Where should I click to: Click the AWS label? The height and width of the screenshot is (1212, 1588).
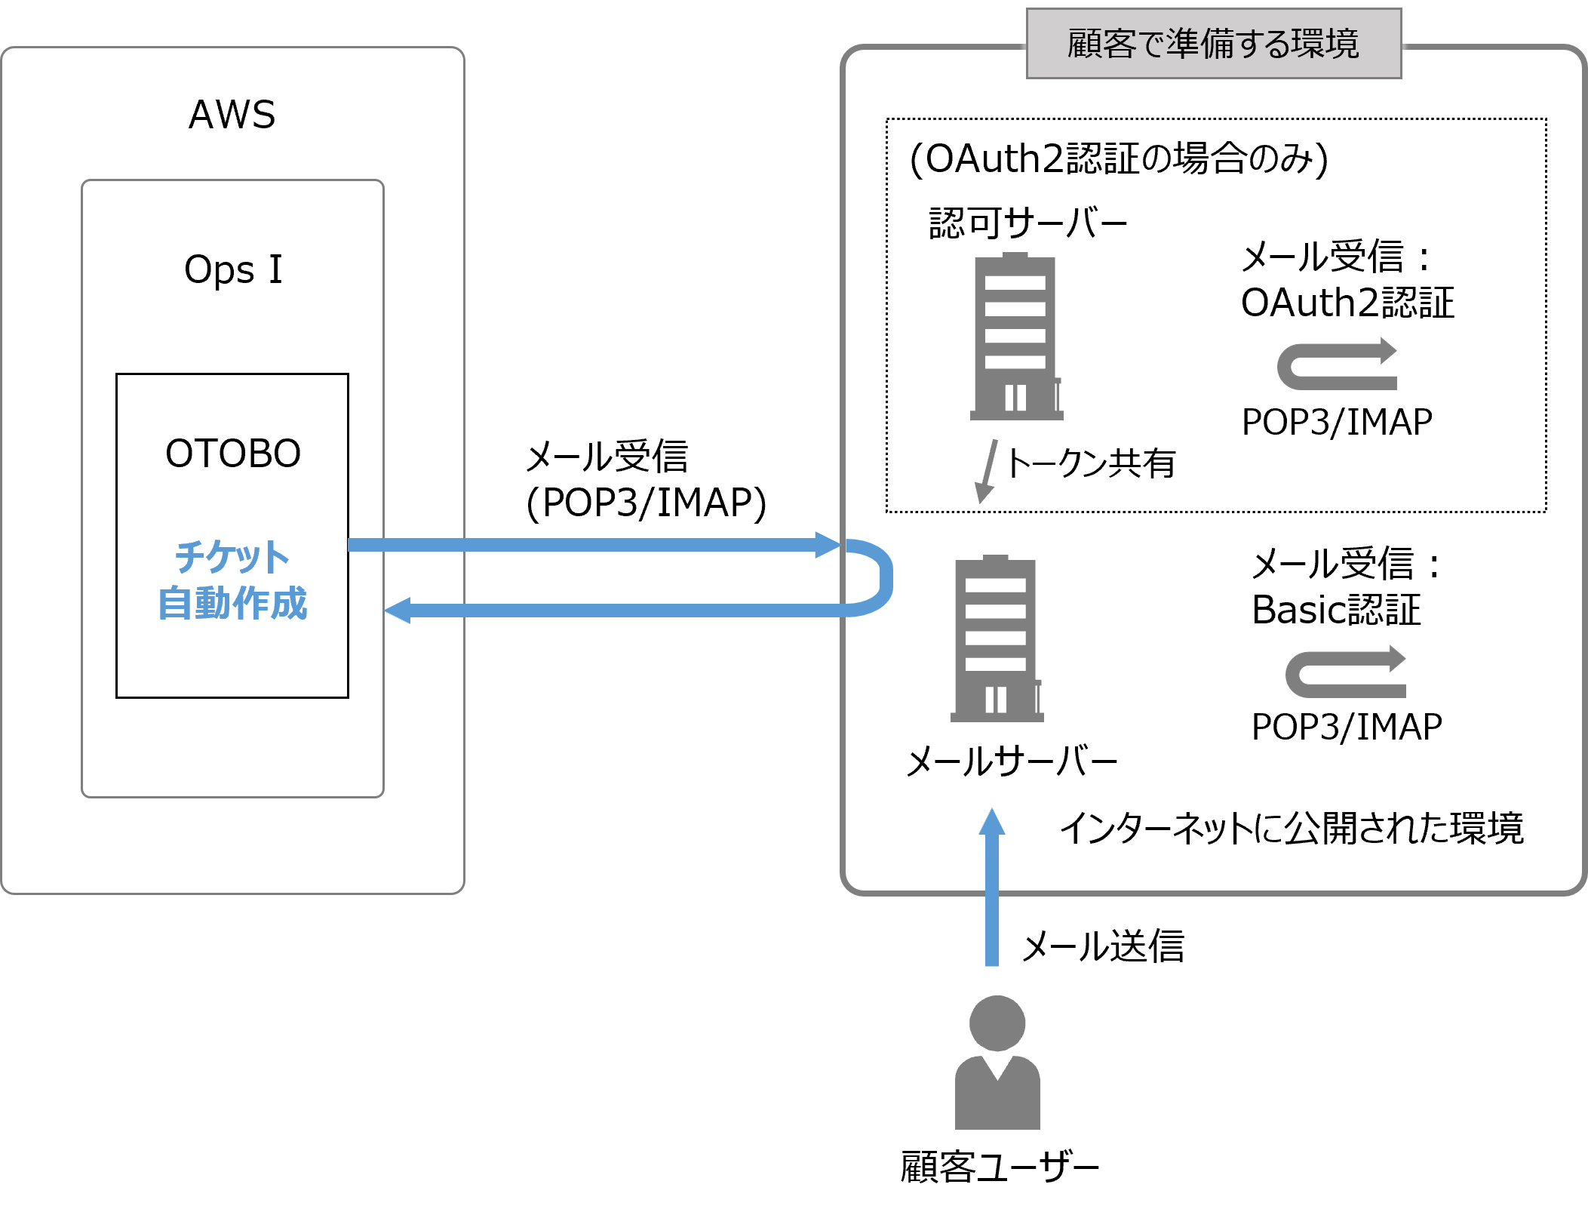coord(232,115)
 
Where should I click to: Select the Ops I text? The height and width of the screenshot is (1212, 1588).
coord(233,269)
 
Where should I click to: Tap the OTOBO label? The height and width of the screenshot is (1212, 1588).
coord(233,454)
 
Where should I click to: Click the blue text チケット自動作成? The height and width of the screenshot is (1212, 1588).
coord(232,580)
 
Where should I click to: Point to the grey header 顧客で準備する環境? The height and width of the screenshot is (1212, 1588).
coord(1213,43)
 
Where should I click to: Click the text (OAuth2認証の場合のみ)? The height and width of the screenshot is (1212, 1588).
coord(1119,159)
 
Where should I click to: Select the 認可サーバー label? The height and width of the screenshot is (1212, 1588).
coord(1027,223)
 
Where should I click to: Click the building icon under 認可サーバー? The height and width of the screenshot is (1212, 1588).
coord(1015,337)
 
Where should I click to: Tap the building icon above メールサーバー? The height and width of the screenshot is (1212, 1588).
coord(996,639)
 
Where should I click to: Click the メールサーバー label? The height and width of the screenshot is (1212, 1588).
coord(1011,761)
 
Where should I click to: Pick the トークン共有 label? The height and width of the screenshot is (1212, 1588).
coord(1091,463)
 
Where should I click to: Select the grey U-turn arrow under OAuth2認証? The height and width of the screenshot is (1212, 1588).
coord(1335,366)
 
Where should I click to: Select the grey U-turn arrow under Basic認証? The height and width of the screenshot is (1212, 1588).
coord(1344,673)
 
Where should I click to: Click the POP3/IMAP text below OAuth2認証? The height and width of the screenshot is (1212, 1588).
coord(1337,422)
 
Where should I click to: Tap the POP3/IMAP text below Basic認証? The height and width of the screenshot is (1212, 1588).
coord(1347,728)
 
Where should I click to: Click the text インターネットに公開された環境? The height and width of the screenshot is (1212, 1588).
coord(1292,828)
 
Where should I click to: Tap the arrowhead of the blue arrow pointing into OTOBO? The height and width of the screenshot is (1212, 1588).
coord(398,610)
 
